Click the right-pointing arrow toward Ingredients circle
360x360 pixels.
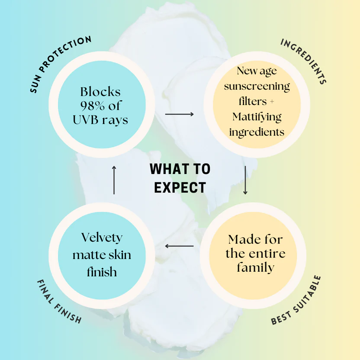coord(179,114)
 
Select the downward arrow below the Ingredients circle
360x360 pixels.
coord(245,180)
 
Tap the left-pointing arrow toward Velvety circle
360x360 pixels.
coord(179,246)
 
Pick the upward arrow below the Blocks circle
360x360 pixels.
coord(114,180)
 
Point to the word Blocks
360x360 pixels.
coord(100,92)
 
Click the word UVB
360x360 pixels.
coord(86,120)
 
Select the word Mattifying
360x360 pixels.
coord(257,117)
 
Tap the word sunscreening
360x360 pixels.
coord(257,87)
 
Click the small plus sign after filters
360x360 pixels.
coord(272,102)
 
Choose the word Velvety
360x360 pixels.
coord(102,238)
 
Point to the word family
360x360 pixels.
coord(256,268)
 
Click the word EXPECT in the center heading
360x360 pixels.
coord(180,188)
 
